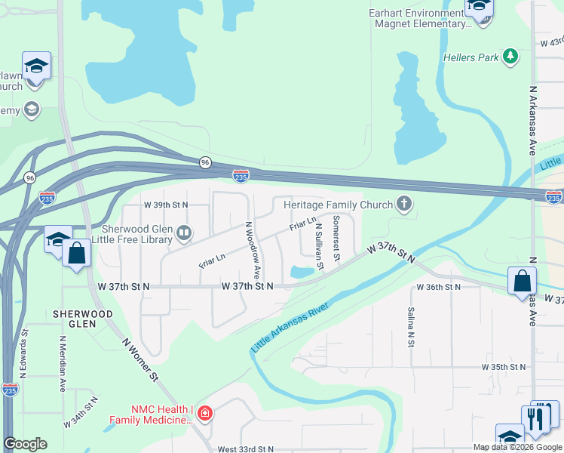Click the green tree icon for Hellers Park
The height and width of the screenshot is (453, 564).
pyautogui.click(x=510, y=56)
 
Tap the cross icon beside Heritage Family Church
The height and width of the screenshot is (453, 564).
pyautogui.click(x=405, y=205)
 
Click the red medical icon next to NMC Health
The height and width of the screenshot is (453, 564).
pyautogui.click(x=205, y=413)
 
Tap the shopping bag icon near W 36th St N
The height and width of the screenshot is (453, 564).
pyautogui.click(x=522, y=282)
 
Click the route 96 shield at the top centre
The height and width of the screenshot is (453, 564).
pyautogui.click(x=205, y=162)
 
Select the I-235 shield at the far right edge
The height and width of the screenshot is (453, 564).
pyautogui.click(x=553, y=197)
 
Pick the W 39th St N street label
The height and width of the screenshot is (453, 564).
pyautogui.click(x=165, y=205)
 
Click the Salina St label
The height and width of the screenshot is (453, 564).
pyautogui.click(x=411, y=327)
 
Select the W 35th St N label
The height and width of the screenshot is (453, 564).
pyautogui.click(x=504, y=367)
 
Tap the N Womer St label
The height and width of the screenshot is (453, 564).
pyautogui.click(x=141, y=358)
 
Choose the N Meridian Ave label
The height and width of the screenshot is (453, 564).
pyautogui.click(x=61, y=362)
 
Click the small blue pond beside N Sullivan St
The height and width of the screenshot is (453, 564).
pyautogui.click(x=302, y=272)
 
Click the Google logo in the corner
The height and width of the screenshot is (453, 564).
pyautogui.click(x=26, y=444)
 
